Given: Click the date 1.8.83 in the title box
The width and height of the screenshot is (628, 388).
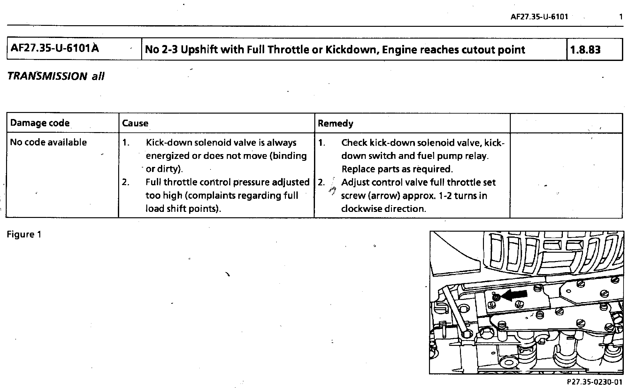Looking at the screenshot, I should (585, 50).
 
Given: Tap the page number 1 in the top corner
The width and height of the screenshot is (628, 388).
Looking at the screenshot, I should (621, 17).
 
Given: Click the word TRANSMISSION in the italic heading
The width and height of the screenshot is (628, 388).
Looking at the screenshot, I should (47, 76).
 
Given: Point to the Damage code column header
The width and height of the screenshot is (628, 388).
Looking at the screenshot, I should (40, 123).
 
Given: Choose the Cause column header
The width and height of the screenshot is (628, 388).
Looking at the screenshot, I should (135, 123).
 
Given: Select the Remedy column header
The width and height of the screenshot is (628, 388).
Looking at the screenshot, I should (335, 123).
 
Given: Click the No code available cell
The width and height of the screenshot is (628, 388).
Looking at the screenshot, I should (49, 142).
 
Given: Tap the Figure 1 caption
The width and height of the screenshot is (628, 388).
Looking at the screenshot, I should (24, 235).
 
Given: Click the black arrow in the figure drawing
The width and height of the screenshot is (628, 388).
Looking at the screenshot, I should (514, 295).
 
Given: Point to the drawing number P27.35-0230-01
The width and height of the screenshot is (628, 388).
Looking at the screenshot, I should (594, 382).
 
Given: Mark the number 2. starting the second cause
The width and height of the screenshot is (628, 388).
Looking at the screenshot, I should (126, 183).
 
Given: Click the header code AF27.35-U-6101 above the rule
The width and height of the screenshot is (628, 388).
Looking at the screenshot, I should (539, 17).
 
